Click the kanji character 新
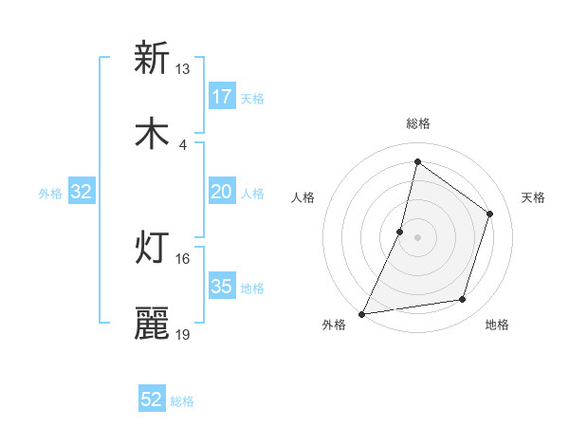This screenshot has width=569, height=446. (152, 58)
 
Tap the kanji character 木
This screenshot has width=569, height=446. (152, 134)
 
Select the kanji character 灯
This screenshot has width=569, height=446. (152, 248)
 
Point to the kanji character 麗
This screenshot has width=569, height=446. (152, 324)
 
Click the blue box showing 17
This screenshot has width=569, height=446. (221, 97)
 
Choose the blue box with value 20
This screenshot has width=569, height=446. (221, 193)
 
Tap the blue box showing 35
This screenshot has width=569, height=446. (221, 287)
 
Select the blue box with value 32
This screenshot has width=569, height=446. (82, 193)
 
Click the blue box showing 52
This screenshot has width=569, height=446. (152, 400)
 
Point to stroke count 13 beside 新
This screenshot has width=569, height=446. (182, 69)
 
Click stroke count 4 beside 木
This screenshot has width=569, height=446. (182, 145)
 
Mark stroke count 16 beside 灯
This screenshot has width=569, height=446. (182, 259)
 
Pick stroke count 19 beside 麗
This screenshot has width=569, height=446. (182, 335)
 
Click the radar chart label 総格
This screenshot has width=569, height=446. (417, 123)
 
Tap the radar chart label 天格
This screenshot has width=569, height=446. (533, 197)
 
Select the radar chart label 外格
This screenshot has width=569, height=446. (334, 325)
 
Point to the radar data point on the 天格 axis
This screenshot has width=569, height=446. (490, 214)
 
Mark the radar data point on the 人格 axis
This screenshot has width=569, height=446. (400, 232)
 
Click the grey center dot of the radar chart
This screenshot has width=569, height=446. (417, 237)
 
